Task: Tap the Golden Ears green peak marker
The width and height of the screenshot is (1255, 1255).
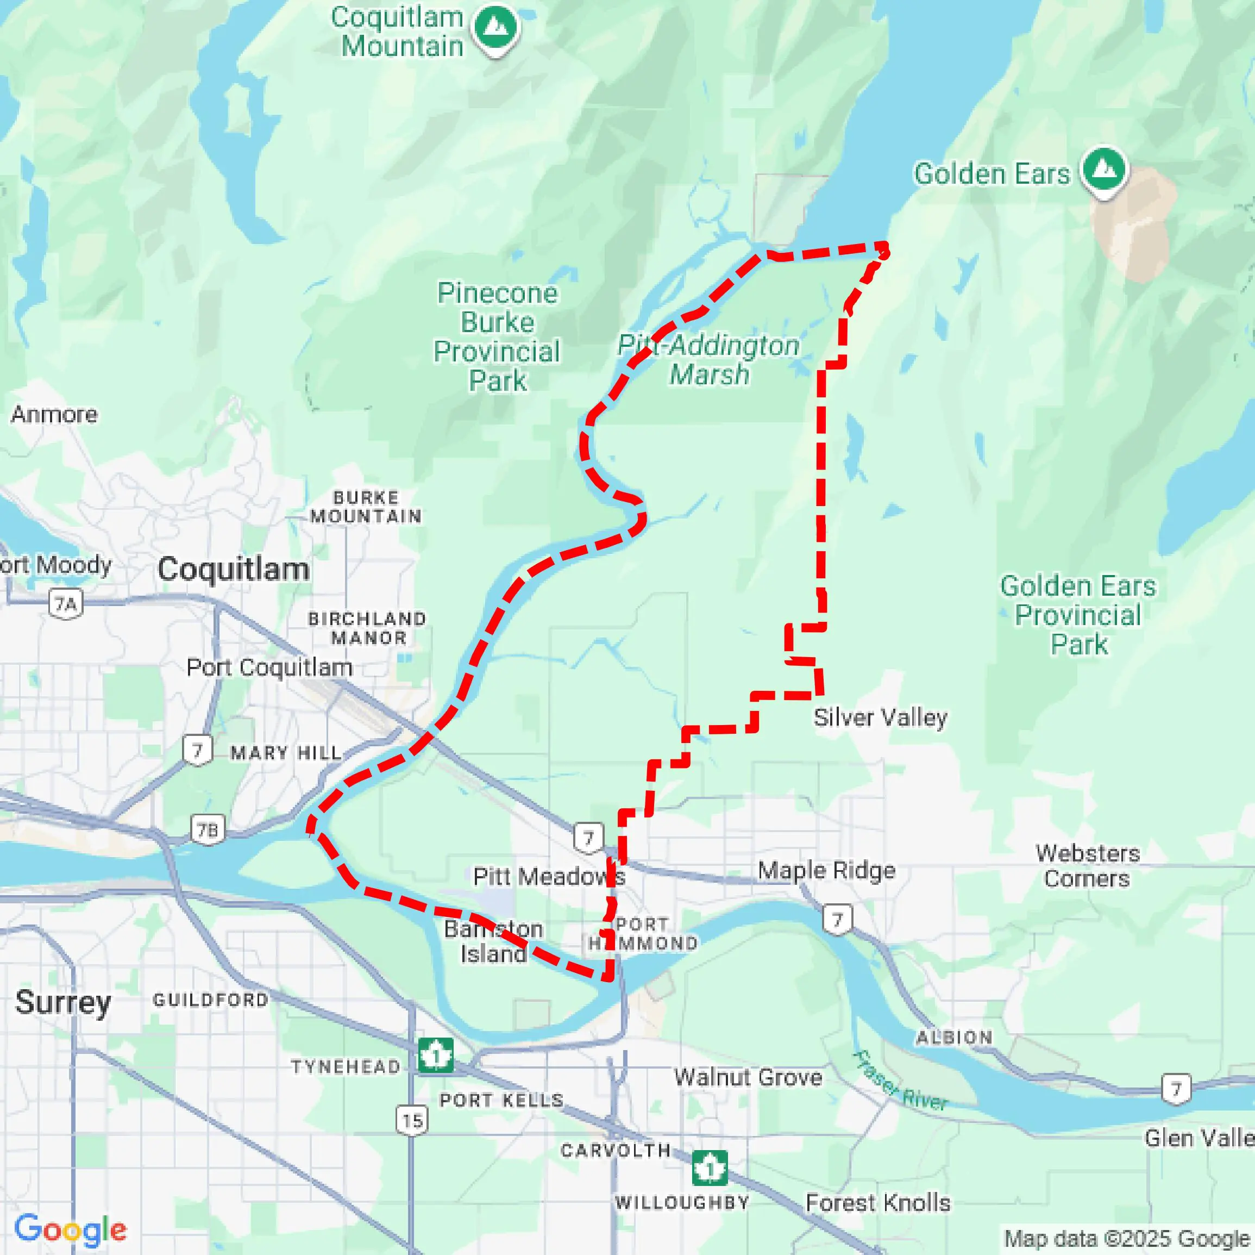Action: click(1105, 170)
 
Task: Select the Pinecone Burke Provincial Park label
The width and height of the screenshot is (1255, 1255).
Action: click(497, 336)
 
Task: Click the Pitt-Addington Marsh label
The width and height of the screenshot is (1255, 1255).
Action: click(708, 359)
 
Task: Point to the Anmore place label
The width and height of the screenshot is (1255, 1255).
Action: click(54, 414)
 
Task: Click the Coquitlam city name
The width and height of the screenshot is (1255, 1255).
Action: click(233, 569)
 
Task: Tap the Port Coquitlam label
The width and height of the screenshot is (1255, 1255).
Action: click(269, 667)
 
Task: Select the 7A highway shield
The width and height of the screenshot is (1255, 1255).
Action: click(66, 604)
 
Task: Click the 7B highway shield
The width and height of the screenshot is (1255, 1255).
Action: click(208, 830)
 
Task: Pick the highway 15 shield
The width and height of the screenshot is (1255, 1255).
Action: click(412, 1120)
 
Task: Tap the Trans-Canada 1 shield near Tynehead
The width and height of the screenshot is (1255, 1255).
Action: click(435, 1056)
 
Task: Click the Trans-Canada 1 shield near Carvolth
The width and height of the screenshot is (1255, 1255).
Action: click(710, 1168)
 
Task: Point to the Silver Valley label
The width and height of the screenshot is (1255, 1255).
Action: click(880, 717)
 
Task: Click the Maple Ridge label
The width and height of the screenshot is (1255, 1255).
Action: click(826, 870)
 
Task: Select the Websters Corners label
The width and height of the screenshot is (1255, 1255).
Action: click(1088, 866)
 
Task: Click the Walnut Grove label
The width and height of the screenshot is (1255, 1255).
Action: click(748, 1078)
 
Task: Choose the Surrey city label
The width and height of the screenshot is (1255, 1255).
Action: click(63, 1002)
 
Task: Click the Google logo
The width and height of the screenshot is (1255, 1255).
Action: click(70, 1229)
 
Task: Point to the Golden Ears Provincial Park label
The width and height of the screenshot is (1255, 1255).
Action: click(1078, 615)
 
